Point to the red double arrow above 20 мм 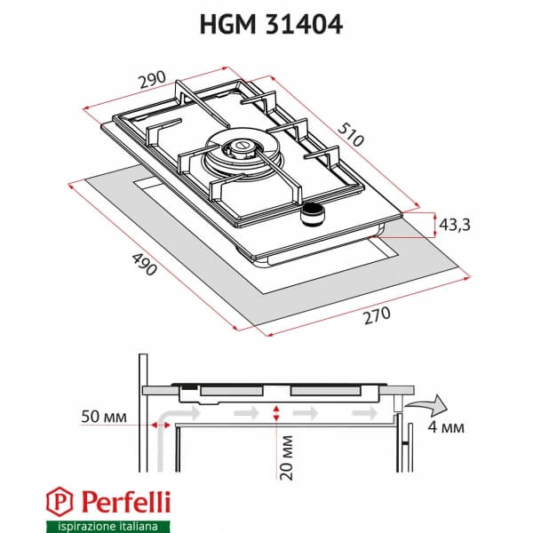(x=278, y=411)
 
